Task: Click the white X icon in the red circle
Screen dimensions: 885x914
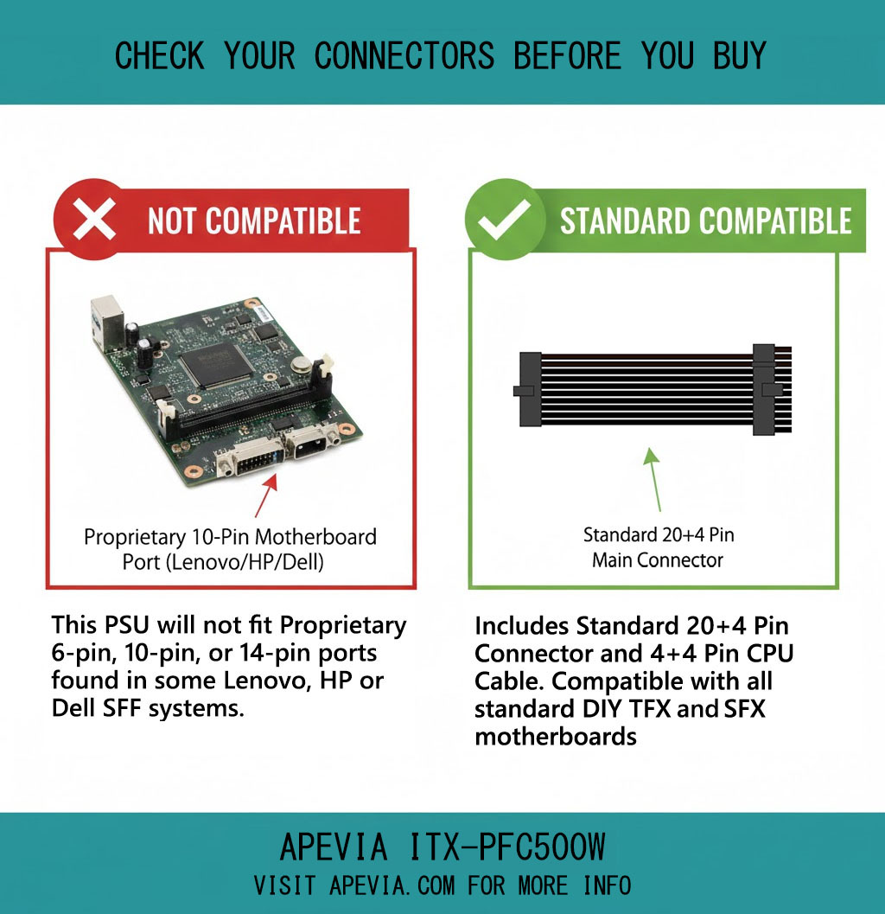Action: tap(94, 220)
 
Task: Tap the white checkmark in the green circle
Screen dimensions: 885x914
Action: tap(505, 219)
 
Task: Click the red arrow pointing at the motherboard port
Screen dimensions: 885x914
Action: tap(265, 495)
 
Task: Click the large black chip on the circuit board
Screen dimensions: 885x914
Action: tap(216, 364)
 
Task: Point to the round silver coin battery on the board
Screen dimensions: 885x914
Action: tap(301, 365)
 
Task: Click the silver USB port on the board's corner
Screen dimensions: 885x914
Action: tap(107, 323)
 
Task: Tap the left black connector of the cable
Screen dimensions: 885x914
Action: tap(528, 389)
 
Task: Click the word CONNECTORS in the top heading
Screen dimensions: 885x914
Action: tap(404, 56)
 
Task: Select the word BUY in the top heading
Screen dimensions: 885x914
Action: tap(739, 56)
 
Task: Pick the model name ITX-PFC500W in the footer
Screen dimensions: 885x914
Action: tap(506, 847)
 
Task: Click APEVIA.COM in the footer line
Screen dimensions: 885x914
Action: tap(392, 886)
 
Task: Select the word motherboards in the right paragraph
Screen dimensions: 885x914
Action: tap(556, 737)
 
